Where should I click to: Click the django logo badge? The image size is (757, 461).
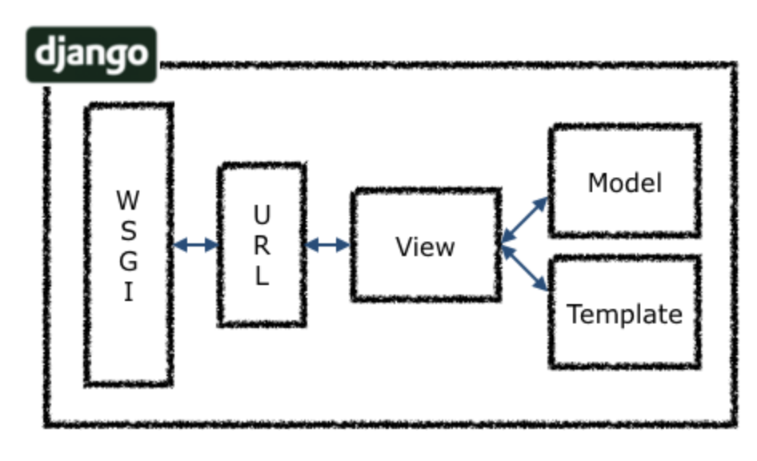click(91, 54)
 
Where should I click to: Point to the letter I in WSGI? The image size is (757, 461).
click(128, 293)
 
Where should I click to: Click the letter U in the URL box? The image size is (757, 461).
click(262, 214)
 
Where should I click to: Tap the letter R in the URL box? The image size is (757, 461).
click(262, 246)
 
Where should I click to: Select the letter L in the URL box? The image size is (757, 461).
click(262, 277)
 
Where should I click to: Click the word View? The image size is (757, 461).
click(425, 247)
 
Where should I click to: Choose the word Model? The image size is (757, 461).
click(624, 183)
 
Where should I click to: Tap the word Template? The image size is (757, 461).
click(624, 314)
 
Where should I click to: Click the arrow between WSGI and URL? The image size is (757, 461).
click(196, 245)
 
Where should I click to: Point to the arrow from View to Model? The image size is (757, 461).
click(525, 221)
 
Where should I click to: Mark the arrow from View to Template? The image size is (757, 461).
click(525, 269)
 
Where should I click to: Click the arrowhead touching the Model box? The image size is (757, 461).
click(542, 203)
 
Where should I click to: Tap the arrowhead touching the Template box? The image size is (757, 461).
click(542, 284)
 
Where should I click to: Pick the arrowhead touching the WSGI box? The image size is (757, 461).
click(180, 245)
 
